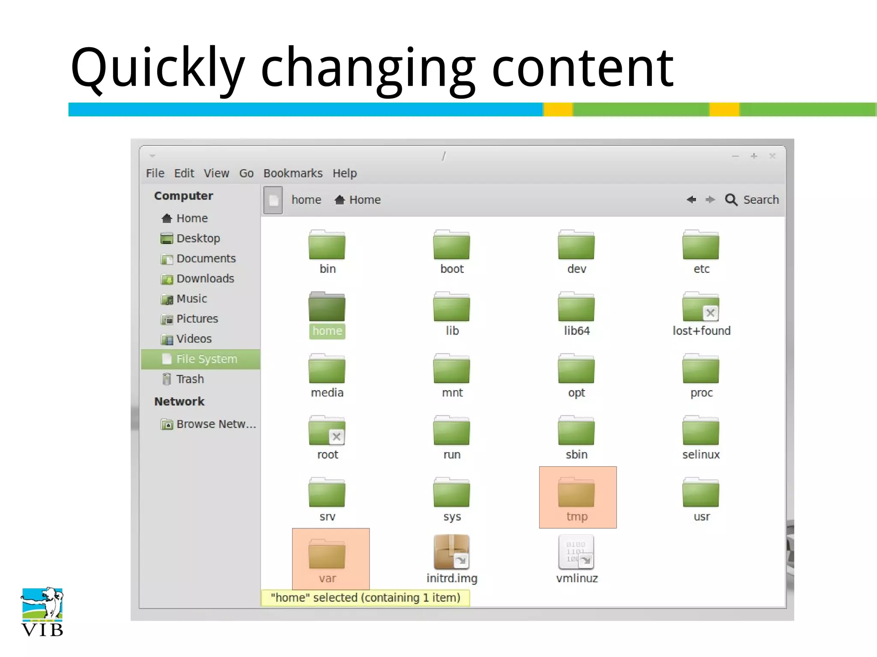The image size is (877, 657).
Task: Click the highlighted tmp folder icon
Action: point(576,493)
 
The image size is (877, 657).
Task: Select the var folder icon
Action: point(327,555)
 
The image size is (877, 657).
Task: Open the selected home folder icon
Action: point(327,307)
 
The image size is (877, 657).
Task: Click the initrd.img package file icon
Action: point(452,552)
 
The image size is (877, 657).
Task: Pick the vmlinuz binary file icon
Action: point(576,552)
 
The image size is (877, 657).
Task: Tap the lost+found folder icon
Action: point(701,307)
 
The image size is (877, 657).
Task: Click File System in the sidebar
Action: point(206,359)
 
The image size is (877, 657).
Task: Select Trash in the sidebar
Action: point(190,379)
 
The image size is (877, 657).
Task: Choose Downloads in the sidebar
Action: point(205,279)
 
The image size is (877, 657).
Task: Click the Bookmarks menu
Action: point(293,173)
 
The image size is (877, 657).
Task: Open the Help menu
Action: point(345,173)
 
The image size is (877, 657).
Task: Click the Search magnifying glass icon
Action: point(731,200)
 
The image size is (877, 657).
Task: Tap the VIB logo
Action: point(42,612)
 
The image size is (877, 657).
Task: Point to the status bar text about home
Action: point(365,598)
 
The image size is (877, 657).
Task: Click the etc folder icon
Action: point(701,245)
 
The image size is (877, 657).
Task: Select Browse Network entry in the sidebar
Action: point(215,424)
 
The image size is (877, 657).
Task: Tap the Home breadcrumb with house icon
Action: point(358,200)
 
